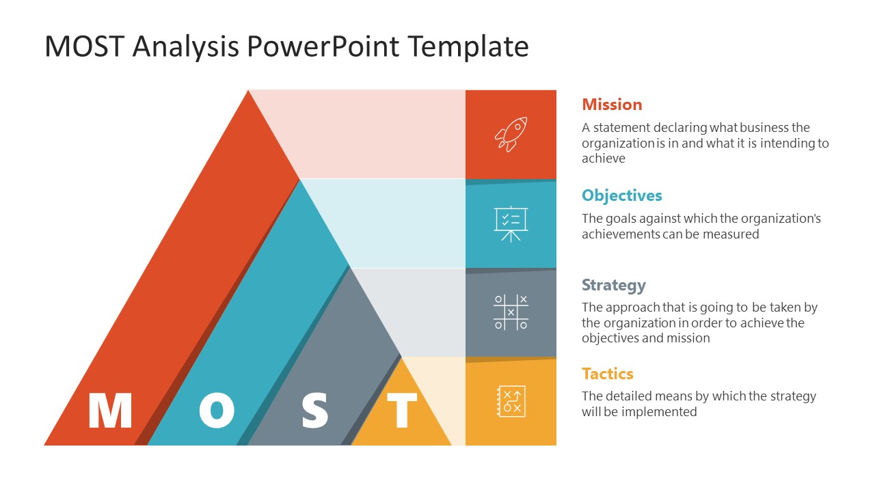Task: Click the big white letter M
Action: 110,411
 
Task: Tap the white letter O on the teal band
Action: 217,411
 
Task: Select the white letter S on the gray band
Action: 315,411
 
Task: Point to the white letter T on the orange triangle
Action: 402,411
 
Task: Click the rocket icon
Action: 511,134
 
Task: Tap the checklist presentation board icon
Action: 511,223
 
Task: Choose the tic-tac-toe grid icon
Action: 511,312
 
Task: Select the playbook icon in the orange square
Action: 511,401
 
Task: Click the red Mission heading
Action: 612,105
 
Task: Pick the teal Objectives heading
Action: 621,195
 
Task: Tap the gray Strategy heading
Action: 613,285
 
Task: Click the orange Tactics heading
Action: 607,374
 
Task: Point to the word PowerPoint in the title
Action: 323,47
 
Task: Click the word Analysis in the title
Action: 185,47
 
